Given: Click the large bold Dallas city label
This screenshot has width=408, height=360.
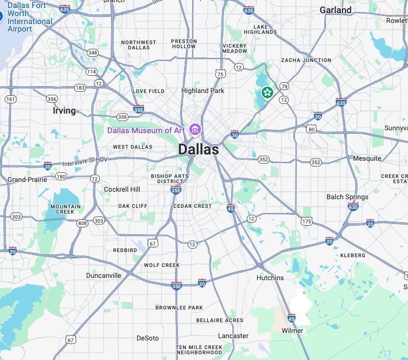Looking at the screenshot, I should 198,149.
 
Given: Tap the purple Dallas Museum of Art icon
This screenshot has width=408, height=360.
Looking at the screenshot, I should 195,130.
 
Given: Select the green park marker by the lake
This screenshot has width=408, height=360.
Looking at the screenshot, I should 267,91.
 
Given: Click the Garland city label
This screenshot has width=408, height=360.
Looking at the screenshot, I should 336,10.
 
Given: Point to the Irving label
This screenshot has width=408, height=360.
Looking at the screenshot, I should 64,110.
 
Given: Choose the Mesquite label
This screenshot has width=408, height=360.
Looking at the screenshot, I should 367,158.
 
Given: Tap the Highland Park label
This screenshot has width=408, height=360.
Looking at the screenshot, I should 203,91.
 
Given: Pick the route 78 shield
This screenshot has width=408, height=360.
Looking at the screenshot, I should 284,86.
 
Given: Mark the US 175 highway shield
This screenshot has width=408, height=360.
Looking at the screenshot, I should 307,220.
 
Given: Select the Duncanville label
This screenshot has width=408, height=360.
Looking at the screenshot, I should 103,275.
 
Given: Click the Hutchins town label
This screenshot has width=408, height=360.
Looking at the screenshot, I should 270,277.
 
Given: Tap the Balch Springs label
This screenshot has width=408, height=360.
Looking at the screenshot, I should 347,197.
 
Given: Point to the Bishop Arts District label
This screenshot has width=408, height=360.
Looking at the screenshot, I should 169,179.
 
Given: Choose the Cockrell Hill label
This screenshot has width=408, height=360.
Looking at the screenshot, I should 122,189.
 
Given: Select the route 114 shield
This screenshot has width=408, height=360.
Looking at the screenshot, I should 91,72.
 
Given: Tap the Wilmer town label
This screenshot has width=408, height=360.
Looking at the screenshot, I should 292,331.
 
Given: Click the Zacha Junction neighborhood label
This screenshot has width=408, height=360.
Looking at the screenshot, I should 306,60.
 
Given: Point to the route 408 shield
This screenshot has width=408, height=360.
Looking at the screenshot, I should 83,222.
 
